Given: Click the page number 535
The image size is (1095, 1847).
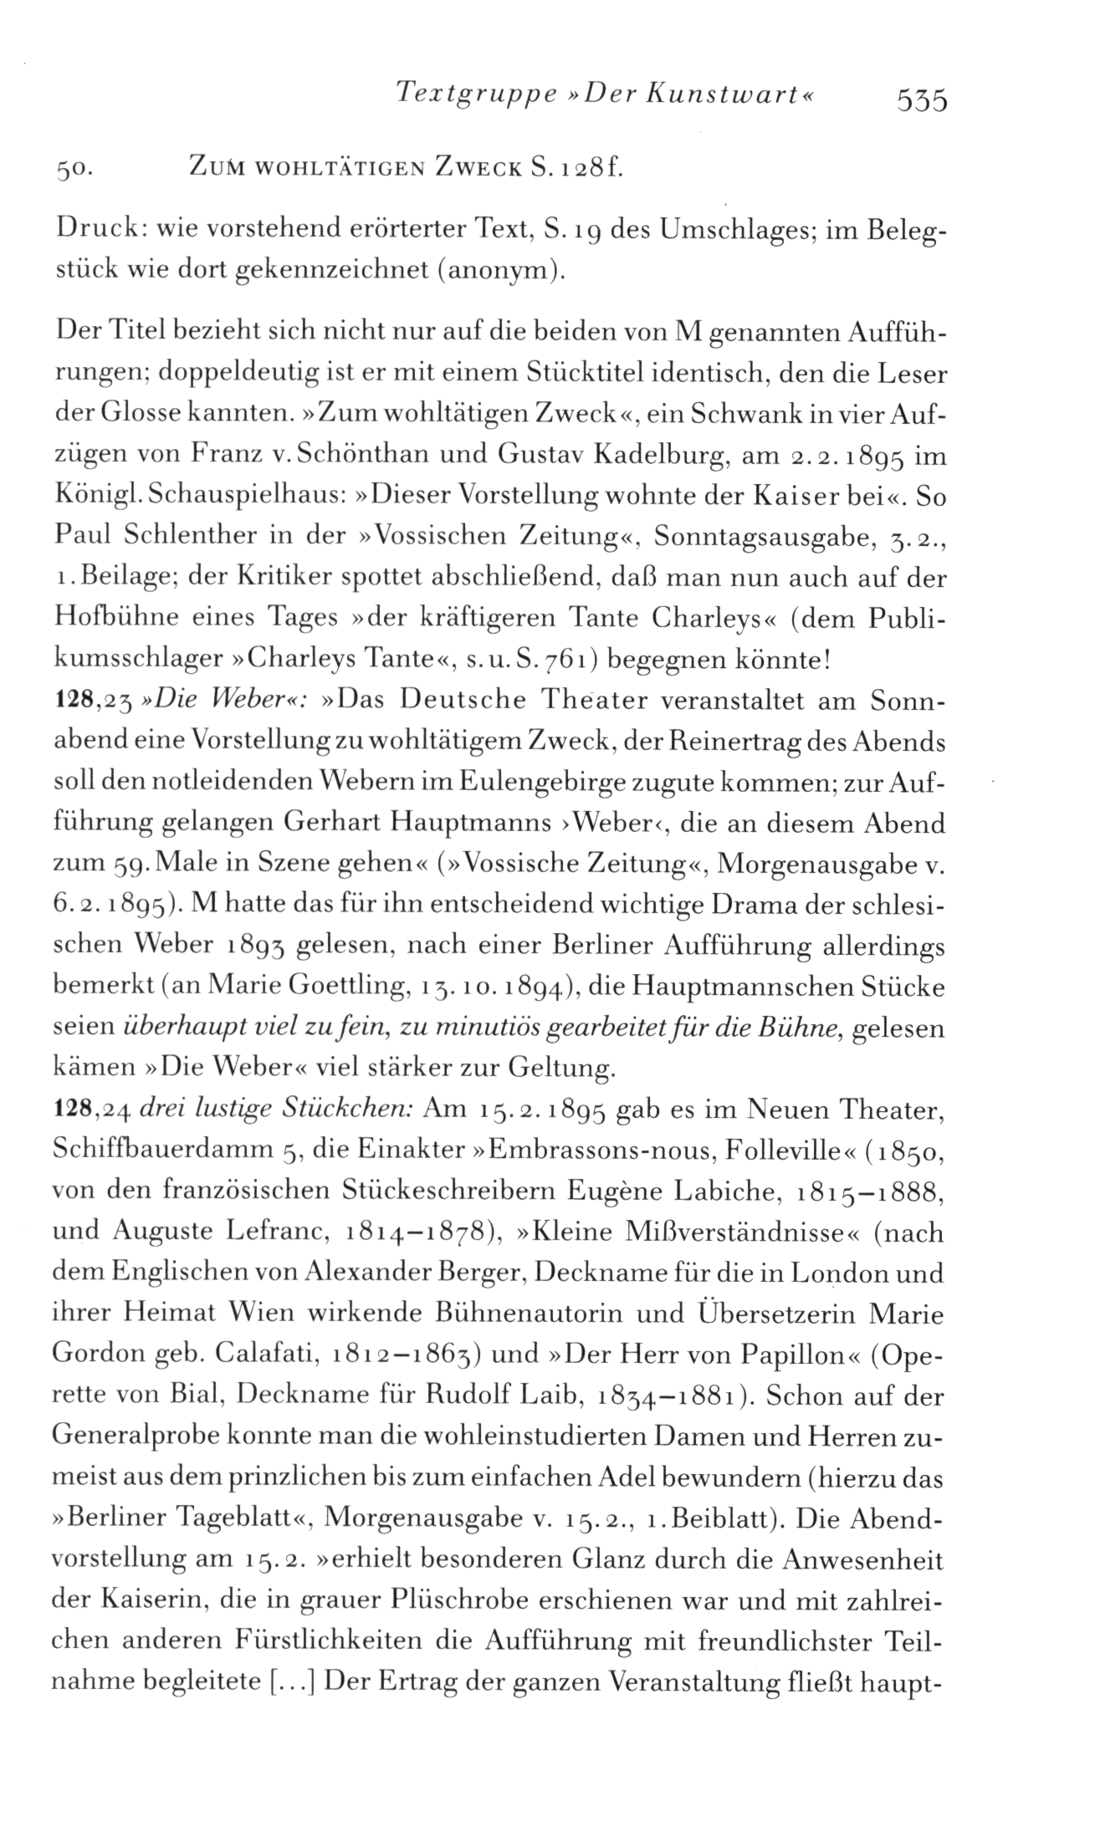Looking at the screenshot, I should pos(920,100).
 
